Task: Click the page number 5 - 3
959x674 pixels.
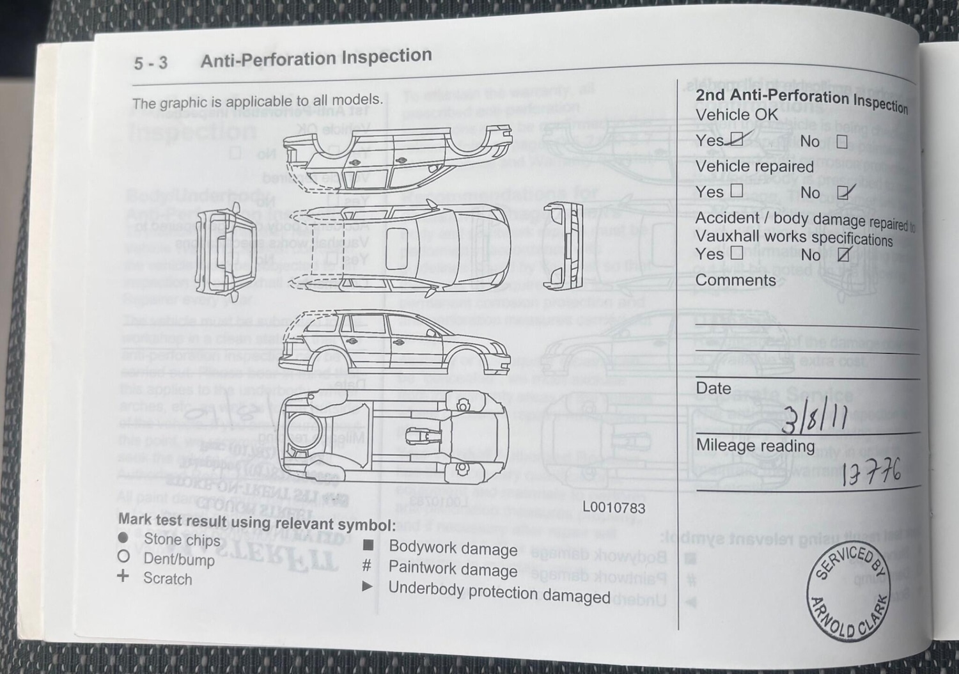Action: pos(150,63)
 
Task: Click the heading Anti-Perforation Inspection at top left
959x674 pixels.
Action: pos(316,58)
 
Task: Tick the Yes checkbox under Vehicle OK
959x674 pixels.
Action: pos(737,138)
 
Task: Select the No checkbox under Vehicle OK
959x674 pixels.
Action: pos(842,141)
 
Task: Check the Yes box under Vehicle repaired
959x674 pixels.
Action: pos(737,190)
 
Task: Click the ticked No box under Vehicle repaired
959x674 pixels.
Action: pos(845,192)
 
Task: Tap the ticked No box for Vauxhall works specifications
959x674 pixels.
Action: pos(844,255)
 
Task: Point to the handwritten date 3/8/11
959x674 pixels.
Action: pos(815,419)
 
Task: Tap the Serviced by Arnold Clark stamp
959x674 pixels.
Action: pos(849,592)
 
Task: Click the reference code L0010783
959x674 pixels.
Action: pos(614,508)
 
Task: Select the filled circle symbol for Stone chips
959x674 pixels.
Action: pos(123,538)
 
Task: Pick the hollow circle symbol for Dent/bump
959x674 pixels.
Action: pos(124,556)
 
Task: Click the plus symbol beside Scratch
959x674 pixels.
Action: pos(123,576)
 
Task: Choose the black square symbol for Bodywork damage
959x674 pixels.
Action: pos(368,545)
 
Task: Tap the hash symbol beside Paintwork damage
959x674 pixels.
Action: pos(367,565)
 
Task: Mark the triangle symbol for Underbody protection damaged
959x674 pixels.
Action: pos(367,586)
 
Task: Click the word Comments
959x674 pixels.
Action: pos(735,280)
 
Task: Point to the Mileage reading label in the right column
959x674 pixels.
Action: pos(755,445)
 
